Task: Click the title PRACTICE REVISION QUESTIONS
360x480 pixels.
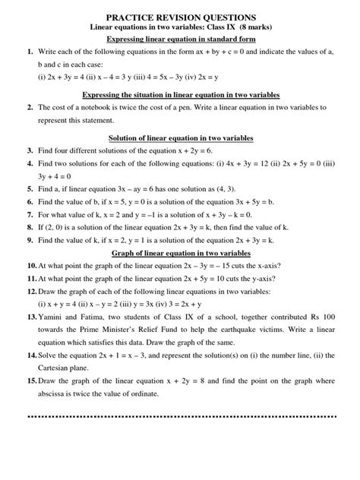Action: [x=180, y=16]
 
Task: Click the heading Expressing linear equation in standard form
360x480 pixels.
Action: [x=180, y=38]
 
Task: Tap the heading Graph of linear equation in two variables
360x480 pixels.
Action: [x=180, y=252]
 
